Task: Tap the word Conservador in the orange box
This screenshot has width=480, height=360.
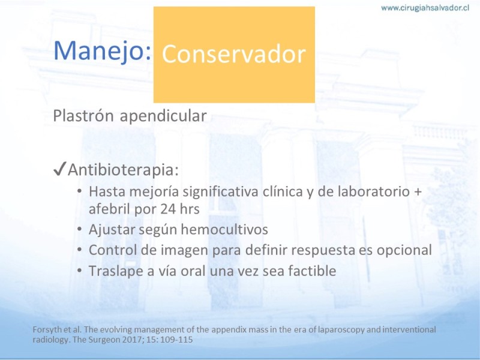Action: (234, 55)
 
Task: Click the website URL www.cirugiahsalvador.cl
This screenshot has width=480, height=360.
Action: (425, 8)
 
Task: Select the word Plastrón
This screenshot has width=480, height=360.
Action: (83, 116)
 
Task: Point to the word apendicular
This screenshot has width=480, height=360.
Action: (163, 116)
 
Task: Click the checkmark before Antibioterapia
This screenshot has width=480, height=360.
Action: (59, 169)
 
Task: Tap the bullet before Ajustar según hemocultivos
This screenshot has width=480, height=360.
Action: (80, 229)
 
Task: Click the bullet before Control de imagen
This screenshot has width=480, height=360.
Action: (80, 250)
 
